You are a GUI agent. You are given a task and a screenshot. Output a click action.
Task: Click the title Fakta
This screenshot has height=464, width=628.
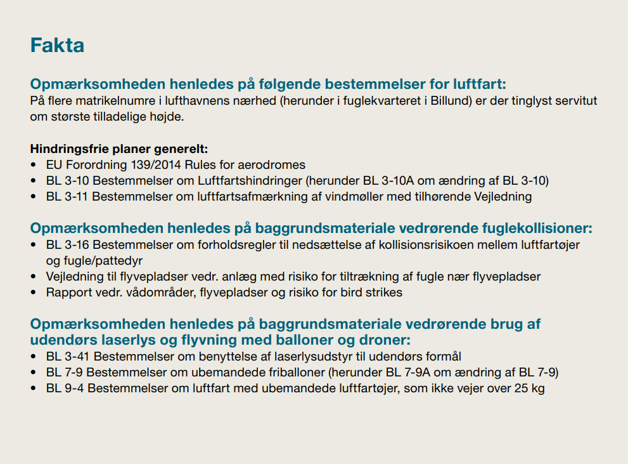[58, 46]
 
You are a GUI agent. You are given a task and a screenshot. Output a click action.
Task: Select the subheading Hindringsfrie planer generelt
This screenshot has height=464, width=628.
[119, 150]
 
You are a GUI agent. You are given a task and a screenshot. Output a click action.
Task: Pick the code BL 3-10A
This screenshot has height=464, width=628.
[386, 181]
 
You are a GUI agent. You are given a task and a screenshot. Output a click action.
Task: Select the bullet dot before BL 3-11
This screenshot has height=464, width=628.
[34, 197]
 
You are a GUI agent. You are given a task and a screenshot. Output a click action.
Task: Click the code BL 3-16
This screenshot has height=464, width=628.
[68, 244]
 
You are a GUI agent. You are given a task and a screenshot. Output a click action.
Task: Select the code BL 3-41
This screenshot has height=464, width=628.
[68, 355]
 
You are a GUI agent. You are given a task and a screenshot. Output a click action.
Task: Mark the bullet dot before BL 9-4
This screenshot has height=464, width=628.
[34, 388]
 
